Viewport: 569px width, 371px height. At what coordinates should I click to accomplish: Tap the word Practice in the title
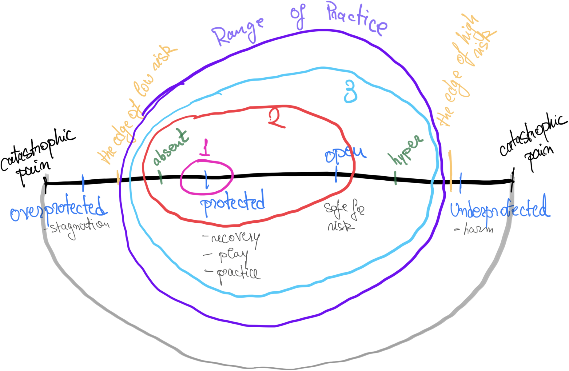tap(357, 18)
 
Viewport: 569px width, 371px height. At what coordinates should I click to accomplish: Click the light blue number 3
tap(351, 91)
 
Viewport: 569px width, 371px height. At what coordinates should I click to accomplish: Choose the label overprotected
tap(58, 209)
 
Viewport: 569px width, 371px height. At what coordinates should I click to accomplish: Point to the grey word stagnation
tap(78, 227)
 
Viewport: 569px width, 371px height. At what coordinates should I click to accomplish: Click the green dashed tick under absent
tap(161, 177)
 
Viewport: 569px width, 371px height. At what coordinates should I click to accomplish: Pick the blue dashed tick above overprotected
tap(83, 183)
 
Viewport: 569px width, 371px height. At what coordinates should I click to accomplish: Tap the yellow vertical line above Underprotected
tap(450, 171)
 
